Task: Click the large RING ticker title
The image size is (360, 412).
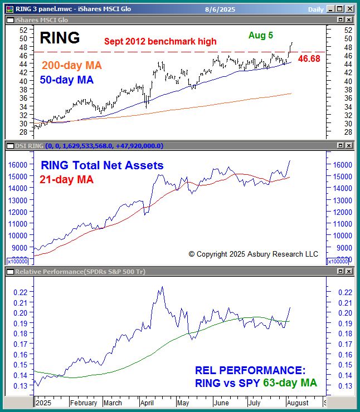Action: (x=60, y=37)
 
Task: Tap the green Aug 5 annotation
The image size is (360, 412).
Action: (x=261, y=35)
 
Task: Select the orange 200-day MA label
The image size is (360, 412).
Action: (x=72, y=66)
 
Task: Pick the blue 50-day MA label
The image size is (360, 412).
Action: (x=67, y=80)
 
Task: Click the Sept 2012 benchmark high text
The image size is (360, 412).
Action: (x=160, y=41)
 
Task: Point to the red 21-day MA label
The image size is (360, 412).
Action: (x=66, y=179)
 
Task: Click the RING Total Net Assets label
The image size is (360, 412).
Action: (x=102, y=165)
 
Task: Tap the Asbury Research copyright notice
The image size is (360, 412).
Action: (x=253, y=254)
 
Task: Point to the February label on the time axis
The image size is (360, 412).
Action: (x=85, y=403)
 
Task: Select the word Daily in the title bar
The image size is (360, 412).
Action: (x=315, y=9)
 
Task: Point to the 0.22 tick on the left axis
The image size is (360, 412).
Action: (x=20, y=292)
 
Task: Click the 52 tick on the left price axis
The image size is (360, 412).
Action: (x=23, y=30)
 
